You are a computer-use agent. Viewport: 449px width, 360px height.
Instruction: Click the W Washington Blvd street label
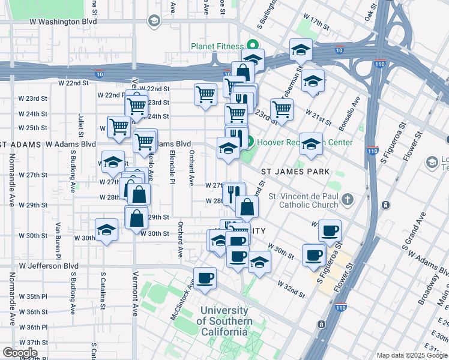click(63, 22)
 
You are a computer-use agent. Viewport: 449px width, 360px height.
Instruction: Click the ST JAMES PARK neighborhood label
click(295, 172)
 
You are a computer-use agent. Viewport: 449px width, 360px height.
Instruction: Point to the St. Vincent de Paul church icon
click(348, 197)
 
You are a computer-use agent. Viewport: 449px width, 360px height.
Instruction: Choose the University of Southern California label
click(224, 321)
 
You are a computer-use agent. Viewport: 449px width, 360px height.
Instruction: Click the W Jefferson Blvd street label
click(49, 265)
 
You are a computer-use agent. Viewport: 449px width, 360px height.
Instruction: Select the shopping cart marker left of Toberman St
click(282, 110)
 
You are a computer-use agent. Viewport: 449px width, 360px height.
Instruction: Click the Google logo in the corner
click(20, 353)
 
